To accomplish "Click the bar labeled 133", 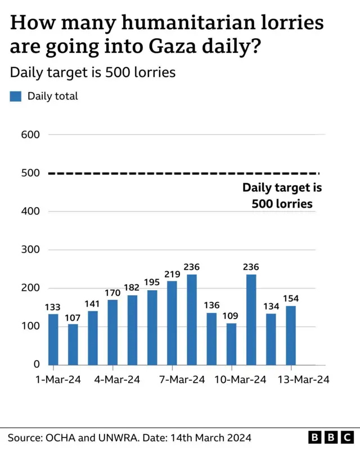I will click(x=53, y=339).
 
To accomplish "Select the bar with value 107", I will click(x=73, y=344).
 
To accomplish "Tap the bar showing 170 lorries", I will click(x=112, y=332).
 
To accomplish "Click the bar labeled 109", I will click(x=231, y=344).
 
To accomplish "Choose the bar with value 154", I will click(x=290, y=335).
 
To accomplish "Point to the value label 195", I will click(x=152, y=283).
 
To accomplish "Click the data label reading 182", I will click(x=132, y=287).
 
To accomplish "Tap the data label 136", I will click(x=211, y=305).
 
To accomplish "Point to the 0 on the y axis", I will click(x=35, y=364).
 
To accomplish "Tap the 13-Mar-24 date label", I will click(x=304, y=380).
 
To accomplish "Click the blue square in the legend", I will click(x=15, y=96).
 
